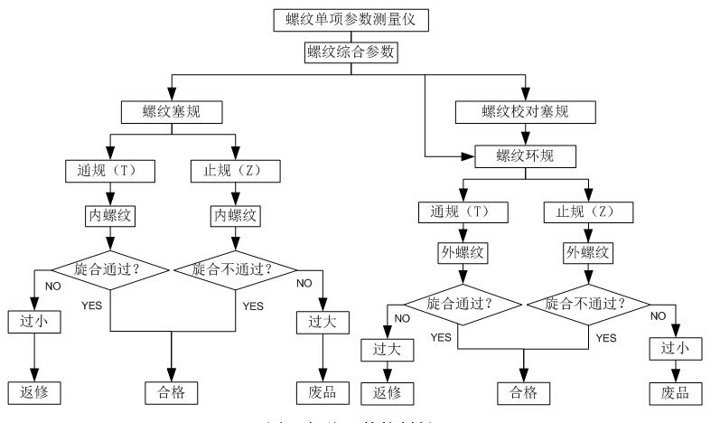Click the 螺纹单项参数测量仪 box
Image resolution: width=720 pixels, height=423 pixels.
pyautogui.click(x=351, y=16)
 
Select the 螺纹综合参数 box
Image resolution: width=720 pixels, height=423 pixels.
pyautogui.click(x=351, y=52)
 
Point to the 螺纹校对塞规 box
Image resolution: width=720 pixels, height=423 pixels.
pyautogui.click(x=525, y=113)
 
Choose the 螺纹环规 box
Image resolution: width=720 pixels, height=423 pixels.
pyautogui.click(x=525, y=155)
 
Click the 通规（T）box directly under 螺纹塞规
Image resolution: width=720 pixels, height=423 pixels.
pyautogui.click(x=110, y=169)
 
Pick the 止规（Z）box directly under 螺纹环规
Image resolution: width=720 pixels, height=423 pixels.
pyautogui.click(x=586, y=212)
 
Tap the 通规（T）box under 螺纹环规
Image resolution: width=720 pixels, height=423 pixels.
pyautogui.click(x=463, y=212)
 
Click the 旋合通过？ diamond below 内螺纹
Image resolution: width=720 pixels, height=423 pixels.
pyautogui.click(x=110, y=268)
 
